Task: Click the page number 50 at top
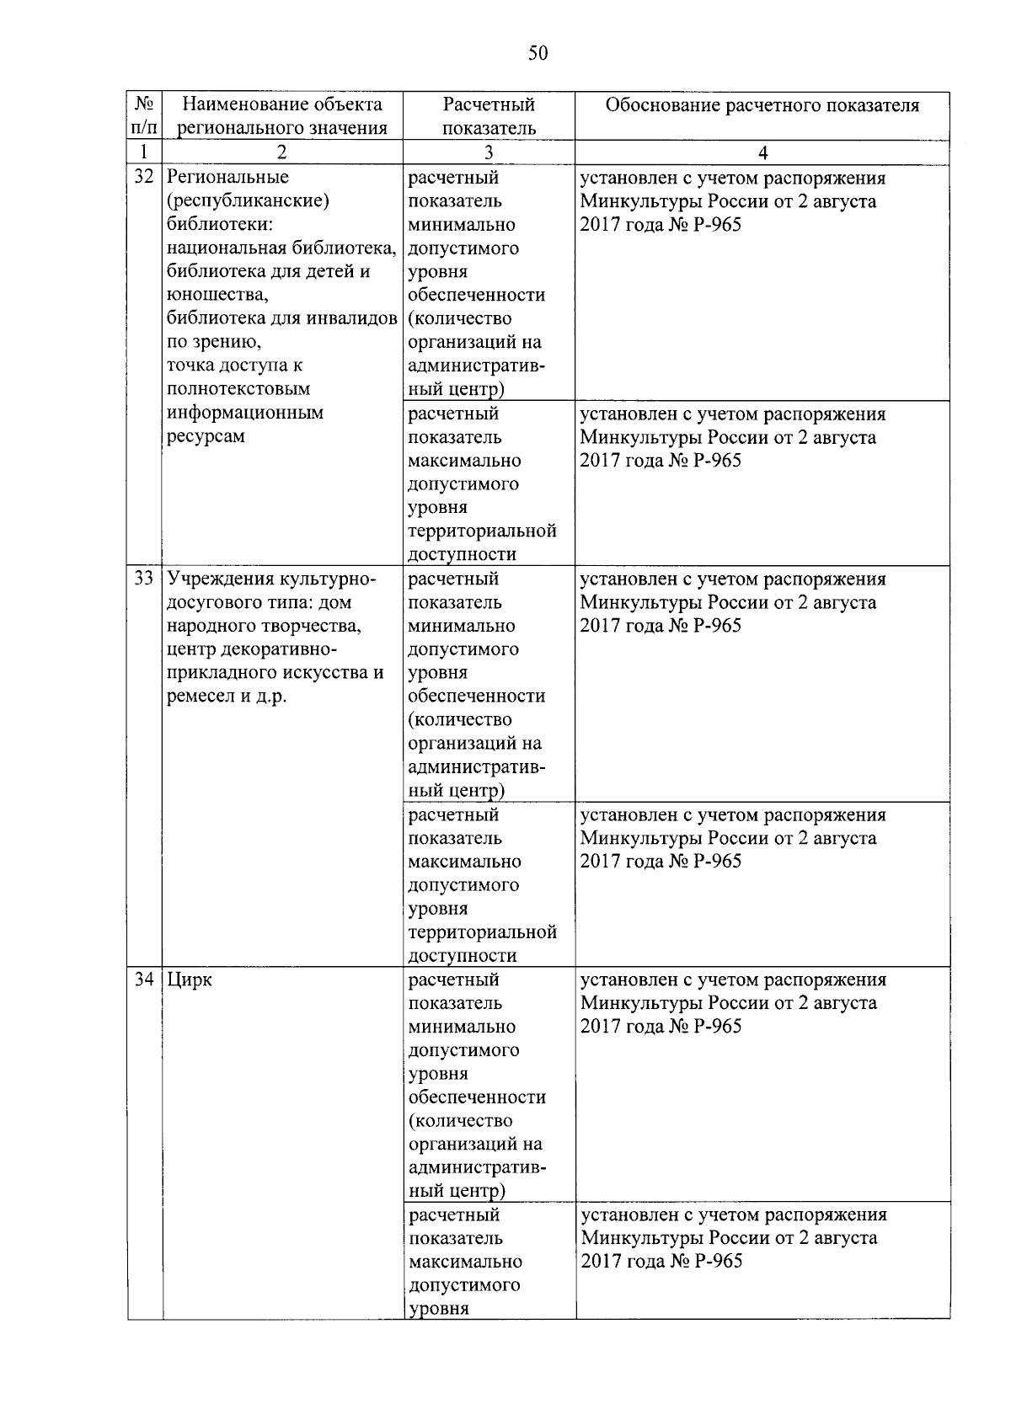coord(538,54)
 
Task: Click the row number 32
coord(145,177)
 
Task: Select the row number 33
coord(145,579)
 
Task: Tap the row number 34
coord(145,980)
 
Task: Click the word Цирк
coord(190,980)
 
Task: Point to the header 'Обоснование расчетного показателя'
coord(762,105)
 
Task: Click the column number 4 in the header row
coord(762,152)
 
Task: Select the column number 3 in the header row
coord(489,152)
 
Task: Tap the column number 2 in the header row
coord(281,152)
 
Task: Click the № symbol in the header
coord(144,104)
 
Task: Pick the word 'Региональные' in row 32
coord(227,177)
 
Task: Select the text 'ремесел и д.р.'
coord(227,697)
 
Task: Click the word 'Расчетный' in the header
coord(489,104)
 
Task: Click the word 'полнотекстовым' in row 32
coord(238,389)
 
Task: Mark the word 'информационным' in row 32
coord(245,413)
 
